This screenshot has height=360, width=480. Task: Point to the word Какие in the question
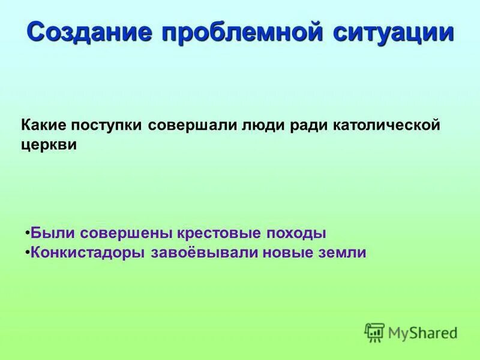click(x=46, y=126)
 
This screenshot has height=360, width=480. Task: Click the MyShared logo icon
click(x=375, y=332)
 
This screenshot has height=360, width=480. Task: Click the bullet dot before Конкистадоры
click(x=28, y=252)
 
